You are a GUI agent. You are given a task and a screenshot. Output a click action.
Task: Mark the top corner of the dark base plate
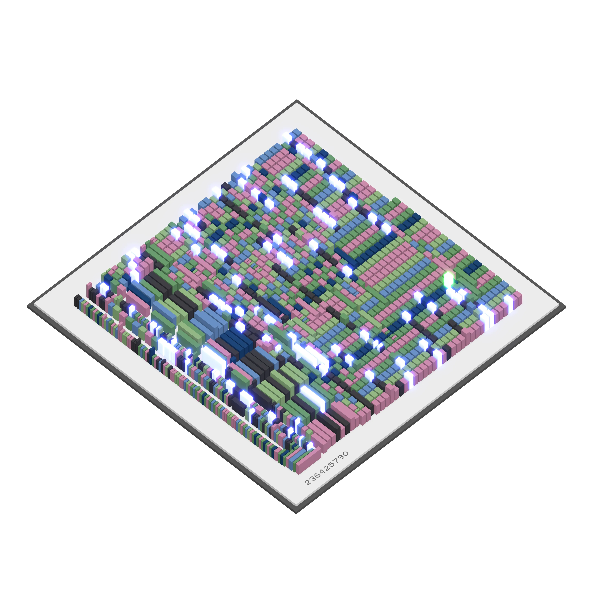tap(296, 100)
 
